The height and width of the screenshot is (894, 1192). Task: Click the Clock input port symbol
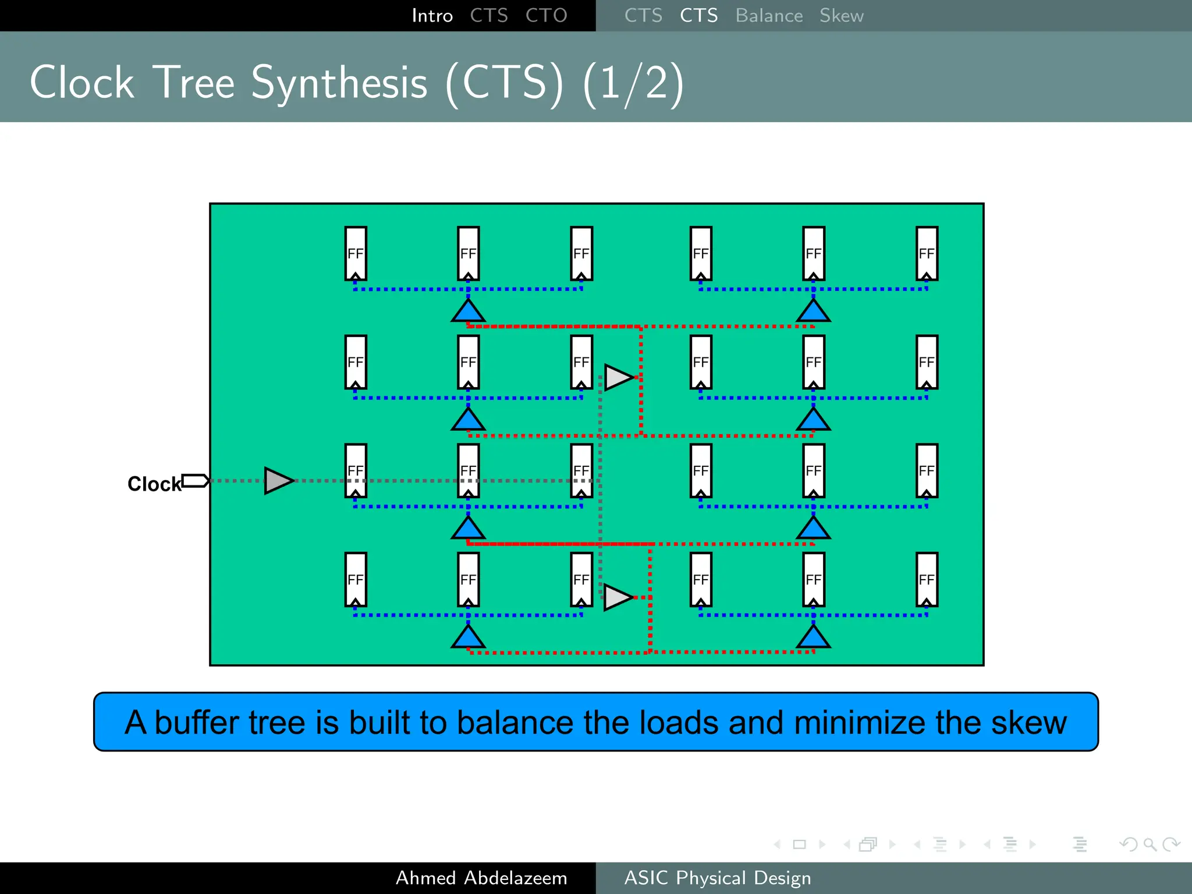pos(195,481)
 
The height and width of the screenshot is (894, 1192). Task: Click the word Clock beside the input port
pos(154,484)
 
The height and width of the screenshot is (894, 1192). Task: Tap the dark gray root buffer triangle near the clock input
pos(278,481)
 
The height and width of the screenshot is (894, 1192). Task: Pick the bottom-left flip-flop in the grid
pos(356,580)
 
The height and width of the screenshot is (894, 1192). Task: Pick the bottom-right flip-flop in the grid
pos(927,580)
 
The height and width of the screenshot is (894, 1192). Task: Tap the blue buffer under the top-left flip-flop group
pos(468,312)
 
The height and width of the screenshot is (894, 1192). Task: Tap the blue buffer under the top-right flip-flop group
pos(813,312)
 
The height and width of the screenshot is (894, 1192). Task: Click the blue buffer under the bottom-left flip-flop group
pos(468,638)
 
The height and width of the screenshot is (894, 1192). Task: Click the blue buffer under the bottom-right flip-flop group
pos(813,638)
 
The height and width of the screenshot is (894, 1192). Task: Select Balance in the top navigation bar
pos(769,16)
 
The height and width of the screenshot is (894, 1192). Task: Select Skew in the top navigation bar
pos(842,16)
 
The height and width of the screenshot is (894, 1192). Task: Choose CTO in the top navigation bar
pos(546,16)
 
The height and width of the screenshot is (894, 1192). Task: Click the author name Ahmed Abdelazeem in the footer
pos(481,878)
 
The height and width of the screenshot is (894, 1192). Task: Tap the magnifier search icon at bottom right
pos(1150,844)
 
